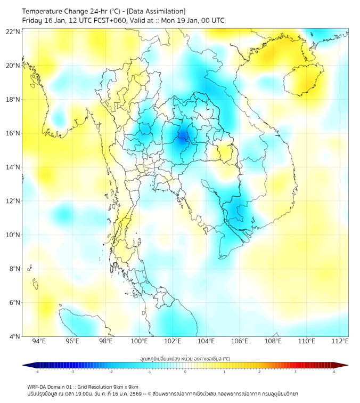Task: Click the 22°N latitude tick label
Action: click(13, 31)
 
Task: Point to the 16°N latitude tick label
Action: click(13, 133)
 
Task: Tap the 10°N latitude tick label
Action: click(13, 235)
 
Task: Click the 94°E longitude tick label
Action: click(39, 341)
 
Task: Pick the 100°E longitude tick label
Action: click(139, 341)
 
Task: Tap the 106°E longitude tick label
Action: click(240, 341)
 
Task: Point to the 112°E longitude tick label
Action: click(340, 341)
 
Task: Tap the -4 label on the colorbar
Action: click(36, 372)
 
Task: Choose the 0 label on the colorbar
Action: click(185, 372)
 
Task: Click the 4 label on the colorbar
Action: click(334, 372)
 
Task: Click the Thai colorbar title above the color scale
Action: click(185, 358)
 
